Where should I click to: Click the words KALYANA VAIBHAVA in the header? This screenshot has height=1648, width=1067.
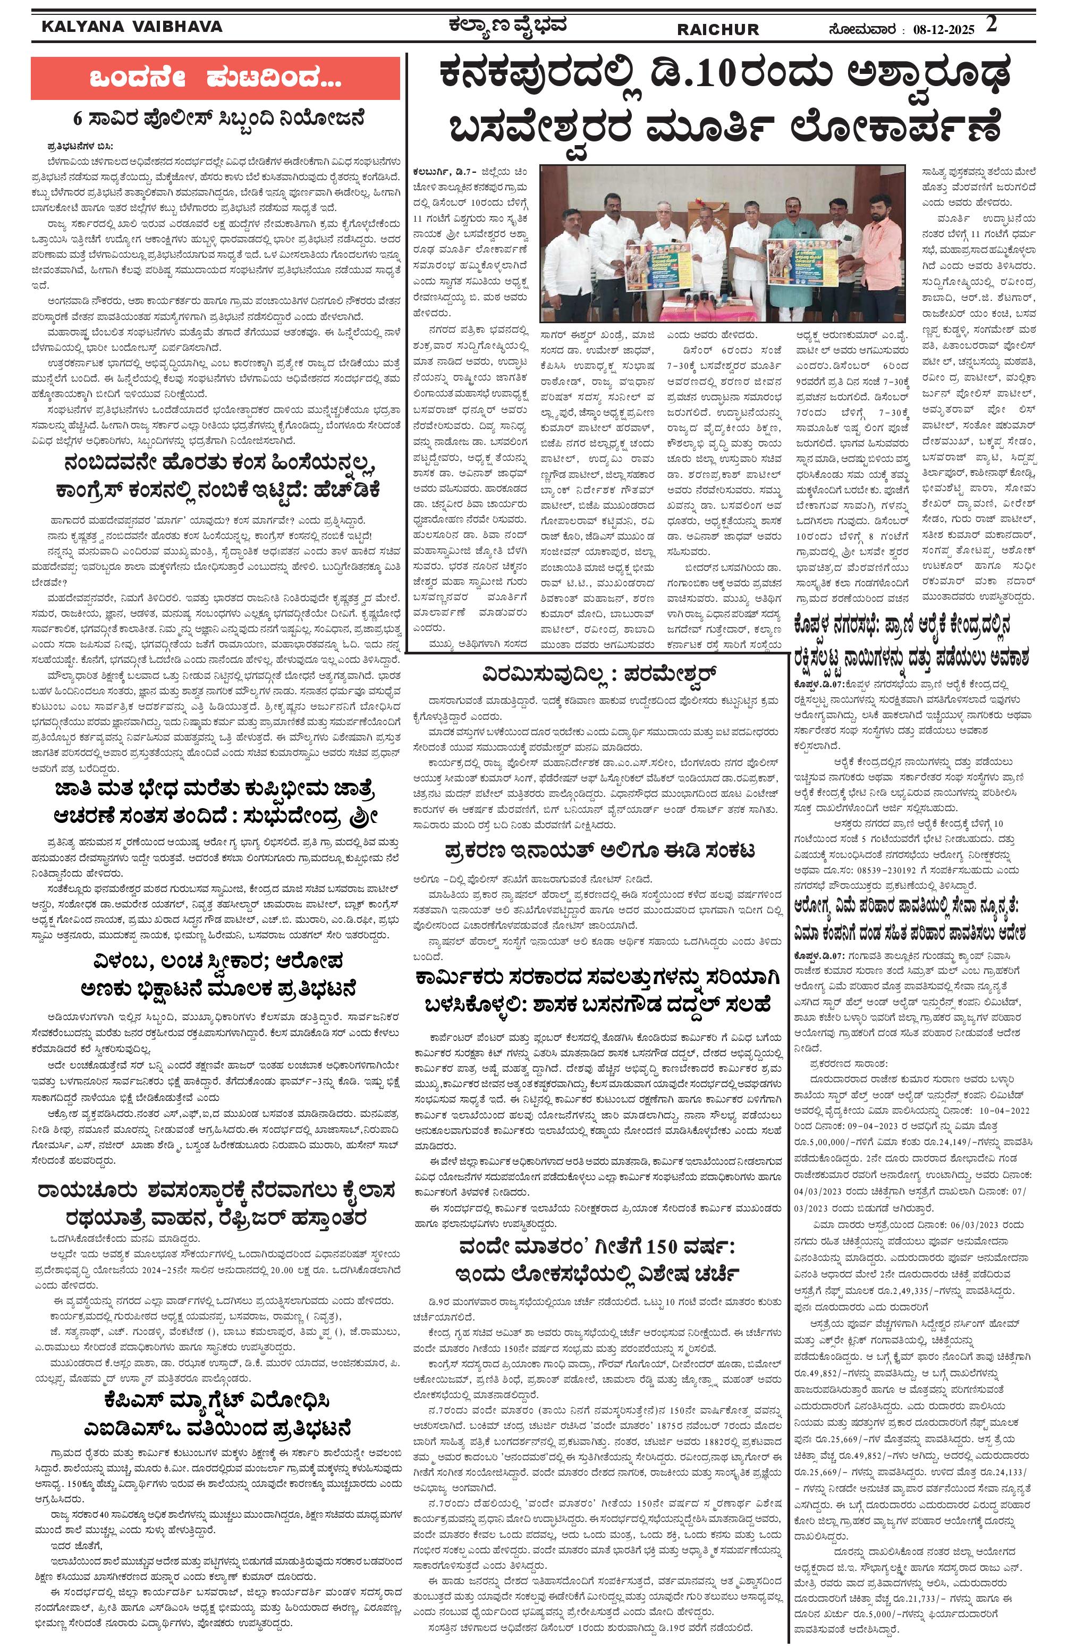[x=131, y=27]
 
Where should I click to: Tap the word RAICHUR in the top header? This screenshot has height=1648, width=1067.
[x=717, y=30]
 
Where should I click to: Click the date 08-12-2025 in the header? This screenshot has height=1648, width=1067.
[x=943, y=30]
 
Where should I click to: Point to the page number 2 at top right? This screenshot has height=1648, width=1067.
[x=992, y=25]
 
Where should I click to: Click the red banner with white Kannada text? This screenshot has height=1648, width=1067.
[x=215, y=79]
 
